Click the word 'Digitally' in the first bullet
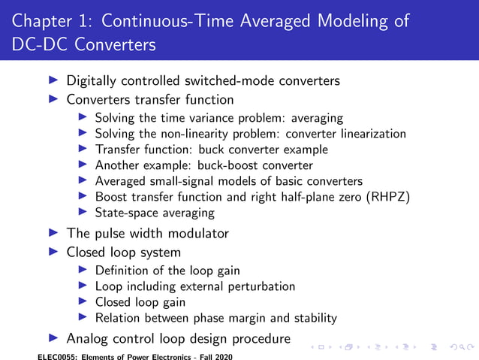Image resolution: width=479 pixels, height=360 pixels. [x=94, y=80]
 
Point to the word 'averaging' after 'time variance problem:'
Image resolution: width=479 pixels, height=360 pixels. [x=316, y=118]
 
